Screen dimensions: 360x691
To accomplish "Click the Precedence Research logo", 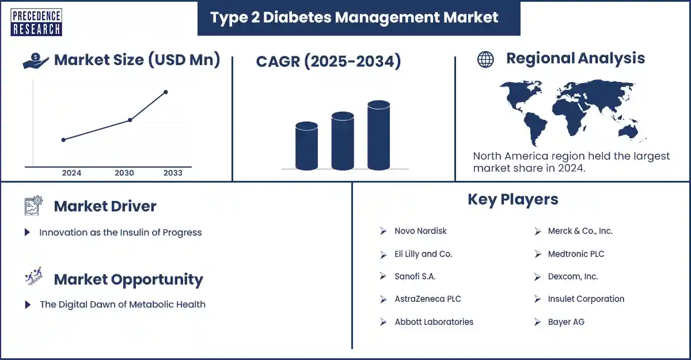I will (x=36, y=22).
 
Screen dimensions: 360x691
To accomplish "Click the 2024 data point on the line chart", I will (x=63, y=139).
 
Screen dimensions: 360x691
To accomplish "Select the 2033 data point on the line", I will (x=166, y=92).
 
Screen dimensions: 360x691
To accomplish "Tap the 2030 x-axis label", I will (x=124, y=173).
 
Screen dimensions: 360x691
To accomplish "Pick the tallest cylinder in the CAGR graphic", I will (x=378, y=135).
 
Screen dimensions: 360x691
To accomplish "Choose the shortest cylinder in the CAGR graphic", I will (x=306, y=145).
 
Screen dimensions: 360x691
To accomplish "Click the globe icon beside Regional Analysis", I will (x=485, y=59).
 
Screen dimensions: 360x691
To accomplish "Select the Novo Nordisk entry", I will (x=420, y=231).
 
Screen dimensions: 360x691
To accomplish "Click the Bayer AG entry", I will (x=565, y=322).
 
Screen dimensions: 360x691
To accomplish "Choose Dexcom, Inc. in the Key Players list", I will (x=572, y=276).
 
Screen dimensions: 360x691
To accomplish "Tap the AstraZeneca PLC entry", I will (x=427, y=299).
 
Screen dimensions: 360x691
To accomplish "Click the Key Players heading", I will (x=512, y=199).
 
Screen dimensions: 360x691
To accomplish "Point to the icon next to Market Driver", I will (x=33, y=206).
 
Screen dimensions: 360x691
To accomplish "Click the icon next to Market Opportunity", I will (x=33, y=279).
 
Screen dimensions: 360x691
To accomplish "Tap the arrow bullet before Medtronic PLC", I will (x=537, y=254).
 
